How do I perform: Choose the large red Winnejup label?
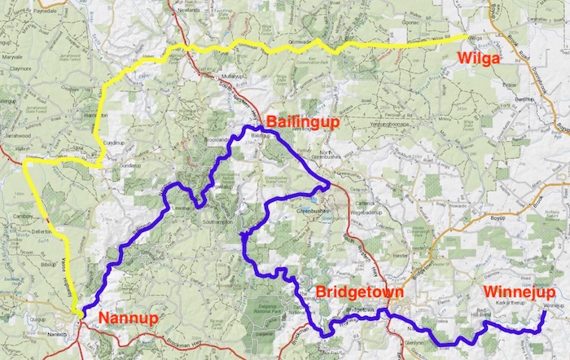click(x=519, y=292)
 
